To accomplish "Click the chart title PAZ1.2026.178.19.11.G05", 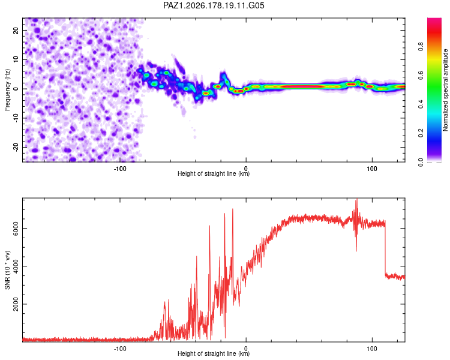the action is click(x=214, y=5).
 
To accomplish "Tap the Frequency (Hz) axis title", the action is click(x=7, y=90).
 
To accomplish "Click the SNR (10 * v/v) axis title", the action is click(x=7, y=270).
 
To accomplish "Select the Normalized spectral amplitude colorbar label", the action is click(x=445, y=90).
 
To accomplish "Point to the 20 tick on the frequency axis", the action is click(x=16, y=31).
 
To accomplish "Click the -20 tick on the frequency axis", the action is click(x=16, y=148).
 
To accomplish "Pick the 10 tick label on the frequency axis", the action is click(x=16, y=59).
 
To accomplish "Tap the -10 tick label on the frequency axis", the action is click(x=16, y=118).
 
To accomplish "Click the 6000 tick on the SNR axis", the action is click(x=16, y=228).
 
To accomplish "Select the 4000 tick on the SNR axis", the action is click(x=16, y=266).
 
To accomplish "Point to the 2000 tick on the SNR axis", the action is click(x=16, y=304).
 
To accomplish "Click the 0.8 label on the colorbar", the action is click(x=421, y=46).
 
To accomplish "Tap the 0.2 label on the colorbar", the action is click(x=421, y=133).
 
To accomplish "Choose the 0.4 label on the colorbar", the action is click(x=421, y=104).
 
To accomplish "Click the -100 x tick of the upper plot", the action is click(x=120, y=169).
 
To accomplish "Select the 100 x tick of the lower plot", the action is click(x=372, y=349).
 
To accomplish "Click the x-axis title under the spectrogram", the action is click(x=214, y=173).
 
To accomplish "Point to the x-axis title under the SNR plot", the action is click(x=214, y=353).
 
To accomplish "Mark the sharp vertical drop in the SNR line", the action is click(x=385, y=247).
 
